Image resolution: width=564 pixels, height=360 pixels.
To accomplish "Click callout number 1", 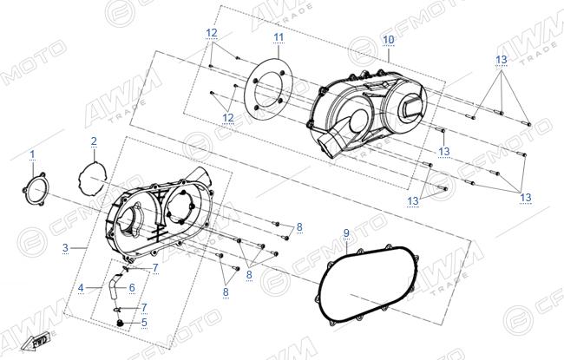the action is click(x=32, y=154).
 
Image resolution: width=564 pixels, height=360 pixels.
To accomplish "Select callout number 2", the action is click(x=94, y=141).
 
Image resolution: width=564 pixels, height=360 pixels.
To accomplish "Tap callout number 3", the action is click(x=65, y=247).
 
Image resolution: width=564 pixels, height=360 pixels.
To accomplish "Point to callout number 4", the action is click(x=81, y=288).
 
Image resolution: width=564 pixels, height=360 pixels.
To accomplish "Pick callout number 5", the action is click(x=144, y=322).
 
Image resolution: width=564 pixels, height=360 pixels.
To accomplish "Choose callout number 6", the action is click(x=132, y=288).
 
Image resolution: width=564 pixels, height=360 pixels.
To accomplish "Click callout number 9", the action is click(x=346, y=233).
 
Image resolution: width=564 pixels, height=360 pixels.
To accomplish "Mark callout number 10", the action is click(x=389, y=40).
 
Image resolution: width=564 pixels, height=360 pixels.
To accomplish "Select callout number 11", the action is click(x=279, y=37).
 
